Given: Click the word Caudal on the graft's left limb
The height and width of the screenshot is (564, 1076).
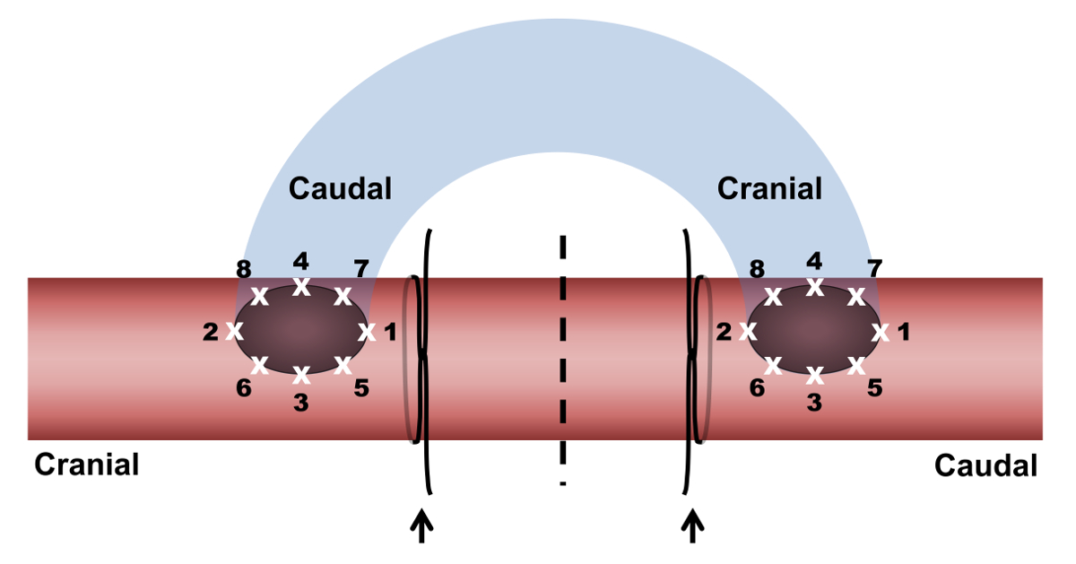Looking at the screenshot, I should pos(340,188).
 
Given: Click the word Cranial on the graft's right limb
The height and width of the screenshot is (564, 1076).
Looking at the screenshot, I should pos(769,188).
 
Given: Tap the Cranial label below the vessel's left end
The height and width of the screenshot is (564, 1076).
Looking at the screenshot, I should pos(86,464).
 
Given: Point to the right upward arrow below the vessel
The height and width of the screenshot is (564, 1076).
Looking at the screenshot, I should pos(691,525).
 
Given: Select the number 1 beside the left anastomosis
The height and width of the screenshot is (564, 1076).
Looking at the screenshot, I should pos(389,333).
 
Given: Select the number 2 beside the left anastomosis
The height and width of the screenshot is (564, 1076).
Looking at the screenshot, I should pos(211,333).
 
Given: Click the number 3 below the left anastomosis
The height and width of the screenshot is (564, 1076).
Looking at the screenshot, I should pos(301,403).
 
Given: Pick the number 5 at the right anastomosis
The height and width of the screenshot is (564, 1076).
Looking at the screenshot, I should pos(875,389).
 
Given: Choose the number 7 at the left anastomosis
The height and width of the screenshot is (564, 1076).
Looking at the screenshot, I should pos(360,269).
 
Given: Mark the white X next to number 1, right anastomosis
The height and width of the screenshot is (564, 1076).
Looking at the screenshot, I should pos(880,333).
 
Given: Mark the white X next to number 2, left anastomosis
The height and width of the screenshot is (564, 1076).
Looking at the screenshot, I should pos(235,331).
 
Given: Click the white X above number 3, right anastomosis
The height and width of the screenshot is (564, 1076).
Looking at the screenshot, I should pos(814,374).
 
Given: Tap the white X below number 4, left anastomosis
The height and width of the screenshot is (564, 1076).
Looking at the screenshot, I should pos(301,288).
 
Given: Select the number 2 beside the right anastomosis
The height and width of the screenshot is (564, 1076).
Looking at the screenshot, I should pos(725,333).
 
